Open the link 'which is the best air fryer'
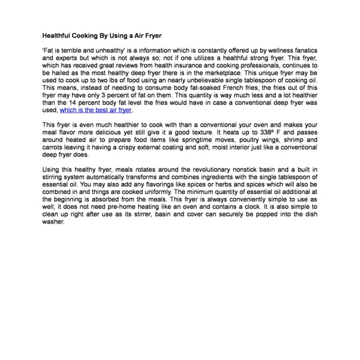[x=96, y=110]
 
